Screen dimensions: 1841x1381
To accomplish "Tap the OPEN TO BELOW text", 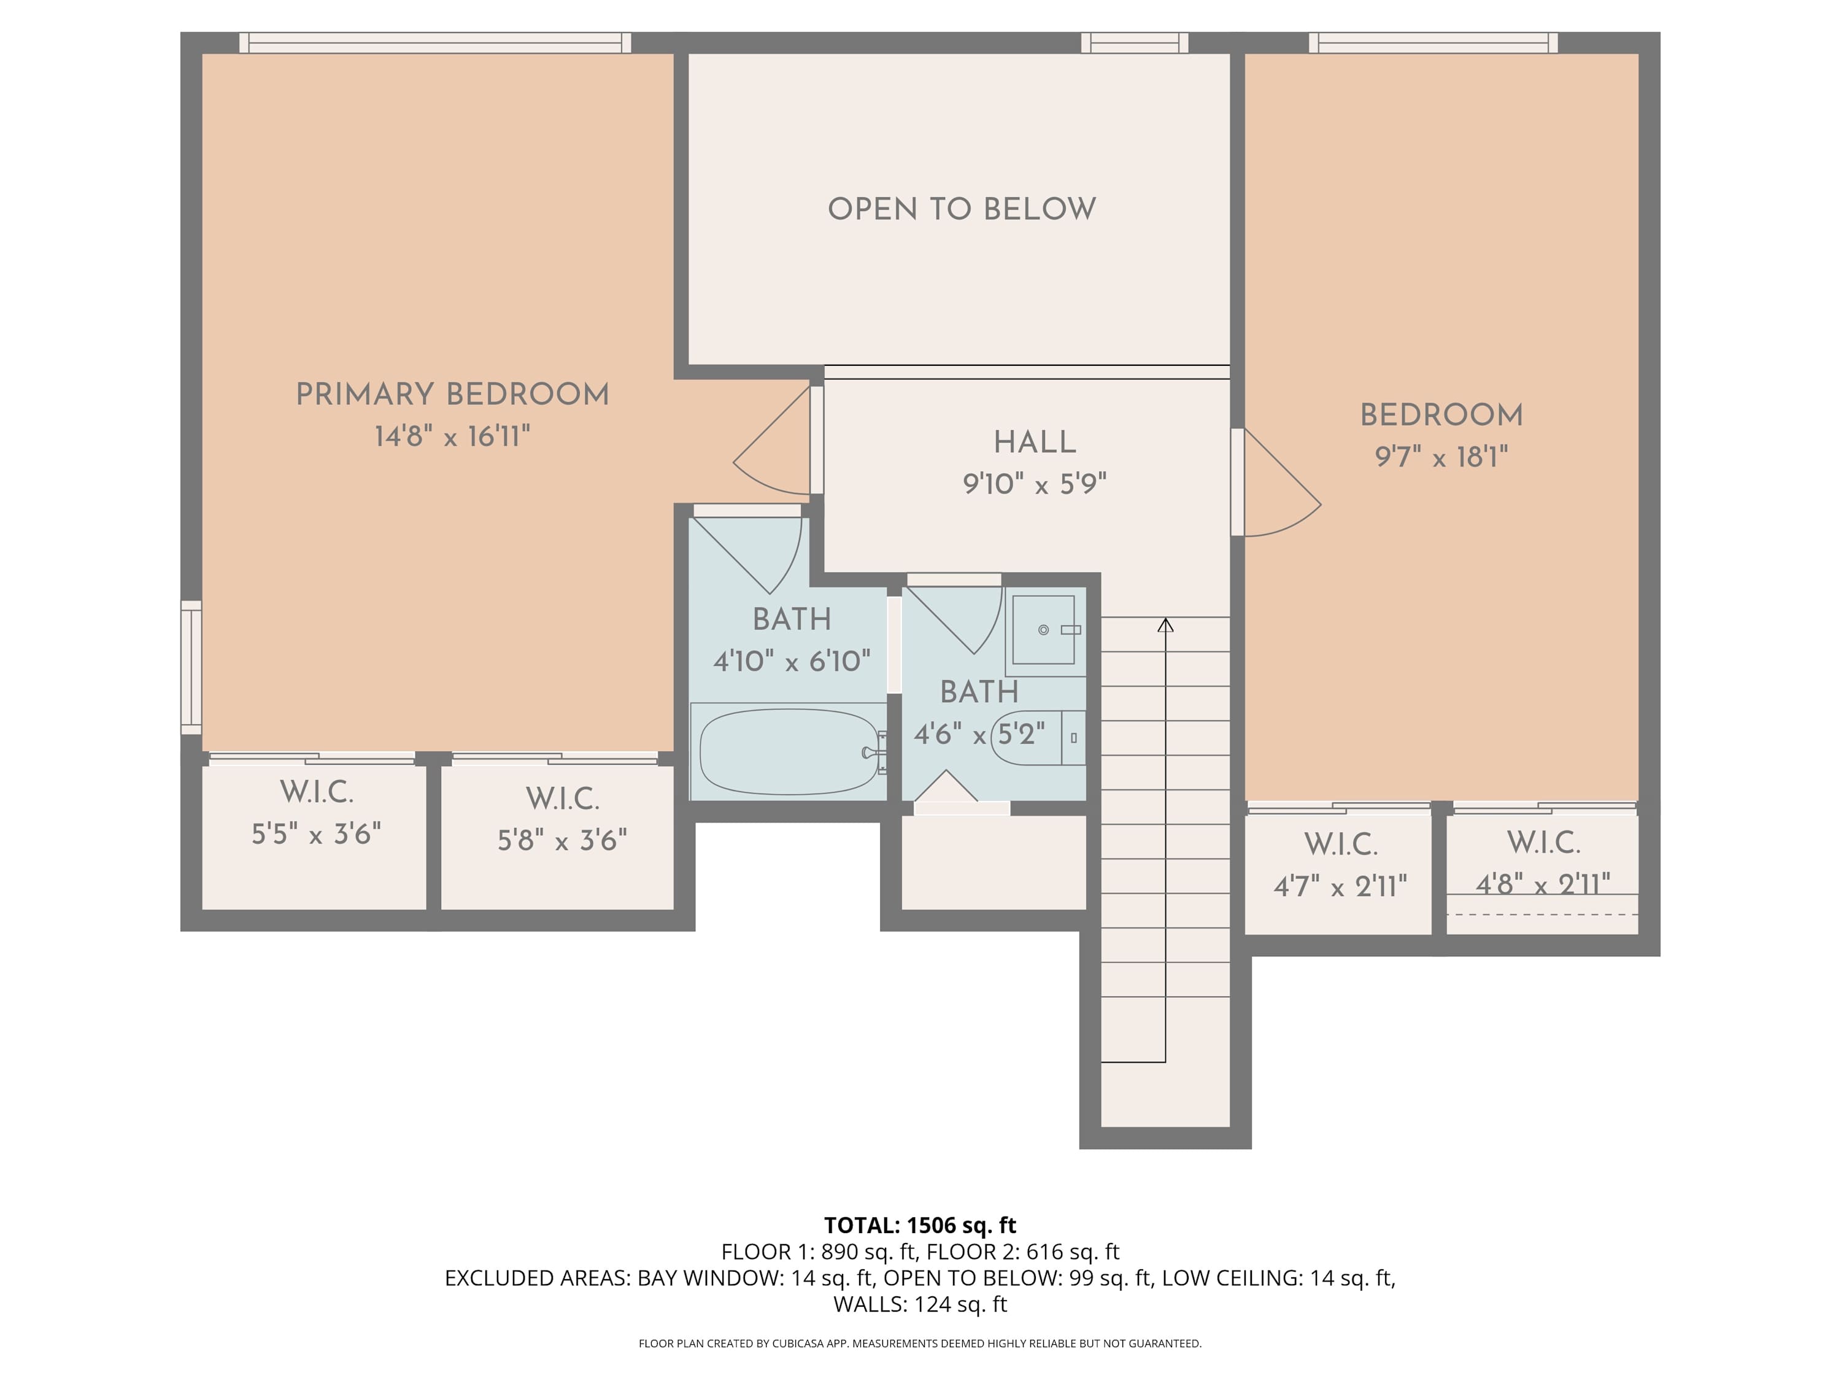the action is pos(962,209).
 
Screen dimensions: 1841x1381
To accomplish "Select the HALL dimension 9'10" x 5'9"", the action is pos(1035,484).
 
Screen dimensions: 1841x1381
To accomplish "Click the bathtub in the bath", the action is pos(789,752).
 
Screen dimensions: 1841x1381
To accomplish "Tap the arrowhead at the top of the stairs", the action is pos(1165,624).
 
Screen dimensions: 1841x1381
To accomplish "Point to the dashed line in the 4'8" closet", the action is pos(1542,914).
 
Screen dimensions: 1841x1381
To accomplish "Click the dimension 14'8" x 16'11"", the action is pos(452,436).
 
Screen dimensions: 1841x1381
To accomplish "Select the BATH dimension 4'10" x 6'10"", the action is pos(792,662).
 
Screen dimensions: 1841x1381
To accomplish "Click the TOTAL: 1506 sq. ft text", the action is pos(920,1225).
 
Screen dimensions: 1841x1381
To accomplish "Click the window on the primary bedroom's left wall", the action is pos(191,668).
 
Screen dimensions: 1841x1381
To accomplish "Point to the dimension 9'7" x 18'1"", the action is pos(1442,457).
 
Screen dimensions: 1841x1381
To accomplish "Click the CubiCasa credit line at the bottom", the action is pos(920,1344).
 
